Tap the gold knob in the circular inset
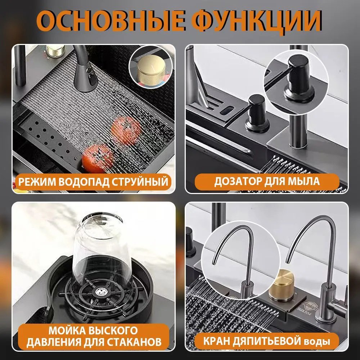click(151, 71)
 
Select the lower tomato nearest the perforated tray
click(98, 158)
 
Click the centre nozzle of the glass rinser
click(100, 292)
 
